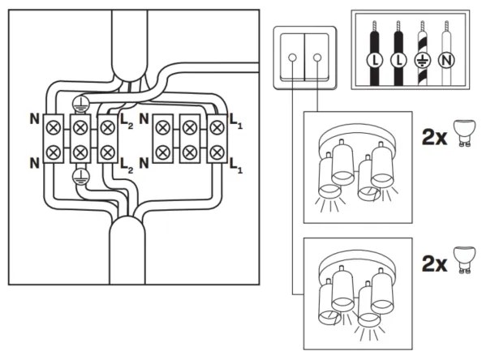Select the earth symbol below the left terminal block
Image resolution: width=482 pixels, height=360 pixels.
[80, 177]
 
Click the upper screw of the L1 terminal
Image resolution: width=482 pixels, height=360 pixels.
[217, 126]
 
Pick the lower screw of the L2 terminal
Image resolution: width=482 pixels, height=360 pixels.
[106, 150]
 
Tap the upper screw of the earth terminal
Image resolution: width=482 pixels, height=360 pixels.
[80, 126]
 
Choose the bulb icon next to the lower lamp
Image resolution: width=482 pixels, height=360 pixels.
[463, 259]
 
